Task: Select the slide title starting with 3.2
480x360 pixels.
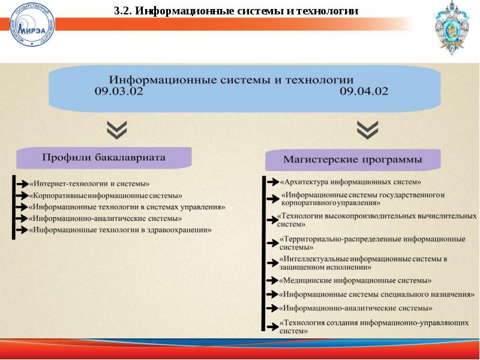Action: (x=236, y=11)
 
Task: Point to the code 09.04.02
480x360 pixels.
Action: (x=364, y=92)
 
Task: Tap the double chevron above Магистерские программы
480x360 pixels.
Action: (x=367, y=129)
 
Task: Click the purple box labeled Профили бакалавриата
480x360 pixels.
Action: (x=104, y=158)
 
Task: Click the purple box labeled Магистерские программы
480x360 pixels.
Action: (x=353, y=160)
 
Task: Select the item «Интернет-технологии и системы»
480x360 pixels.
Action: (x=89, y=184)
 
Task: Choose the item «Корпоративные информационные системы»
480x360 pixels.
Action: (x=105, y=196)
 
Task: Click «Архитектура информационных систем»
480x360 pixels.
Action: (x=350, y=181)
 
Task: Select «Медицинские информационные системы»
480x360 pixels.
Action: (x=355, y=280)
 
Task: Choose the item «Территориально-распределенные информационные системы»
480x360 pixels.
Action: (x=372, y=243)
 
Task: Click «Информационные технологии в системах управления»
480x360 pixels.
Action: (x=127, y=207)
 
